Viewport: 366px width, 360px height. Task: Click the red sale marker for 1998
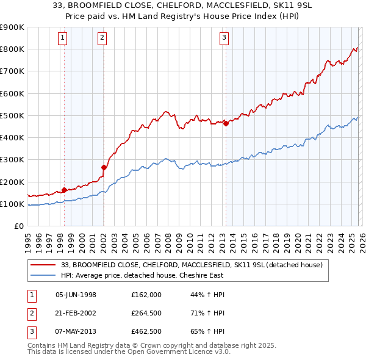[64, 190]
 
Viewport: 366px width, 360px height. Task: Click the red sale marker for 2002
[104, 167]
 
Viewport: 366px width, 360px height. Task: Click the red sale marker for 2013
[226, 123]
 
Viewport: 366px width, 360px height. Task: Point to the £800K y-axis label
[12, 49]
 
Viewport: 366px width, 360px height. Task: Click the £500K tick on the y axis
[12, 116]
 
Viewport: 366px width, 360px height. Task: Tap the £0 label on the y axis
[18, 226]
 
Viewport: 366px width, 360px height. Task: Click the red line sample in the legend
[44, 265]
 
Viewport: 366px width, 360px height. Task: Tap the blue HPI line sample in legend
[44, 275]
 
